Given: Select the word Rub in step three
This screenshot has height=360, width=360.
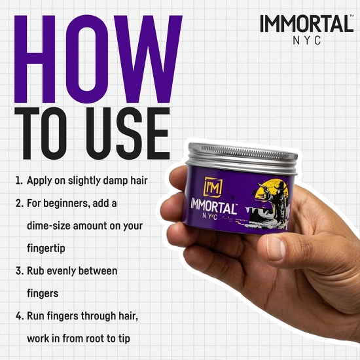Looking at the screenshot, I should tap(36, 270).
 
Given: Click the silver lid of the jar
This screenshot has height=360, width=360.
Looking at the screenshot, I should tap(242, 157).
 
